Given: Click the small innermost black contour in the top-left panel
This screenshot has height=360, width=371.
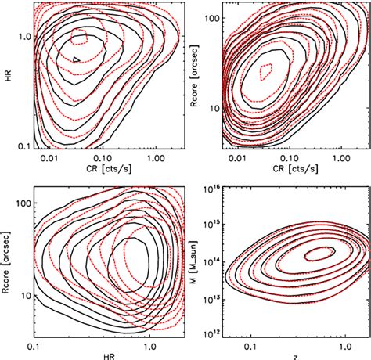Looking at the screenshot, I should (76, 59).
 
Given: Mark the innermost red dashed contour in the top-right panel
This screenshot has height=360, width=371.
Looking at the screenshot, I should (268, 71).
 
